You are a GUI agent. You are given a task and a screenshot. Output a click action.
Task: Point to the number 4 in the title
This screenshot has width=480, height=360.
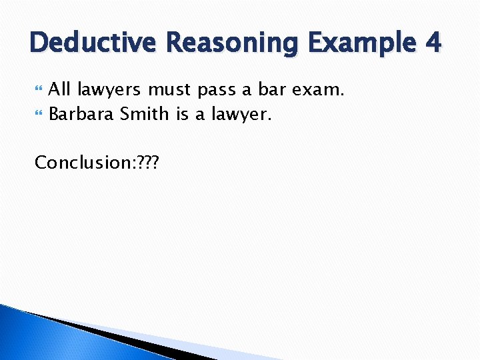(x=432, y=43)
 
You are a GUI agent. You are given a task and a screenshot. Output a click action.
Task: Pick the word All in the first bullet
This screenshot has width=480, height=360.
(x=61, y=89)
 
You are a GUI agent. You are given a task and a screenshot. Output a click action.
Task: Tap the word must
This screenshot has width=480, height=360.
(x=171, y=89)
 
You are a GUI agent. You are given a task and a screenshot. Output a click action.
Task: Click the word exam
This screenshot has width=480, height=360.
(x=319, y=89)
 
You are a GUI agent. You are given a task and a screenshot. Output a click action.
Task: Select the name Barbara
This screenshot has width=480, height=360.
(x=82, y=114)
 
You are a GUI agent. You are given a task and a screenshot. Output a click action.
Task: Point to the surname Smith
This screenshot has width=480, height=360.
(x=145, y=114)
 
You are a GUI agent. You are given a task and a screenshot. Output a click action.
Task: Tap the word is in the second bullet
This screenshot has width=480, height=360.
(x=183, y=114)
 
